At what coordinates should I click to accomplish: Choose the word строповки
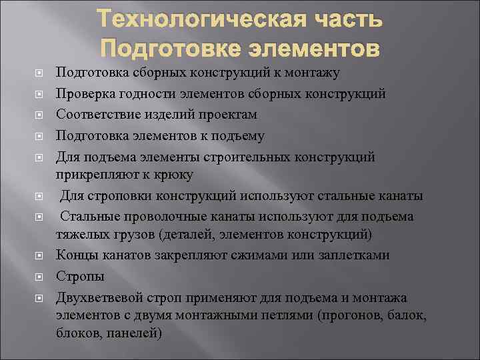pyautogui.click(x=123, y=196)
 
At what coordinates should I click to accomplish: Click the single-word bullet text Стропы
pyautogui.click(x=80, y=276)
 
